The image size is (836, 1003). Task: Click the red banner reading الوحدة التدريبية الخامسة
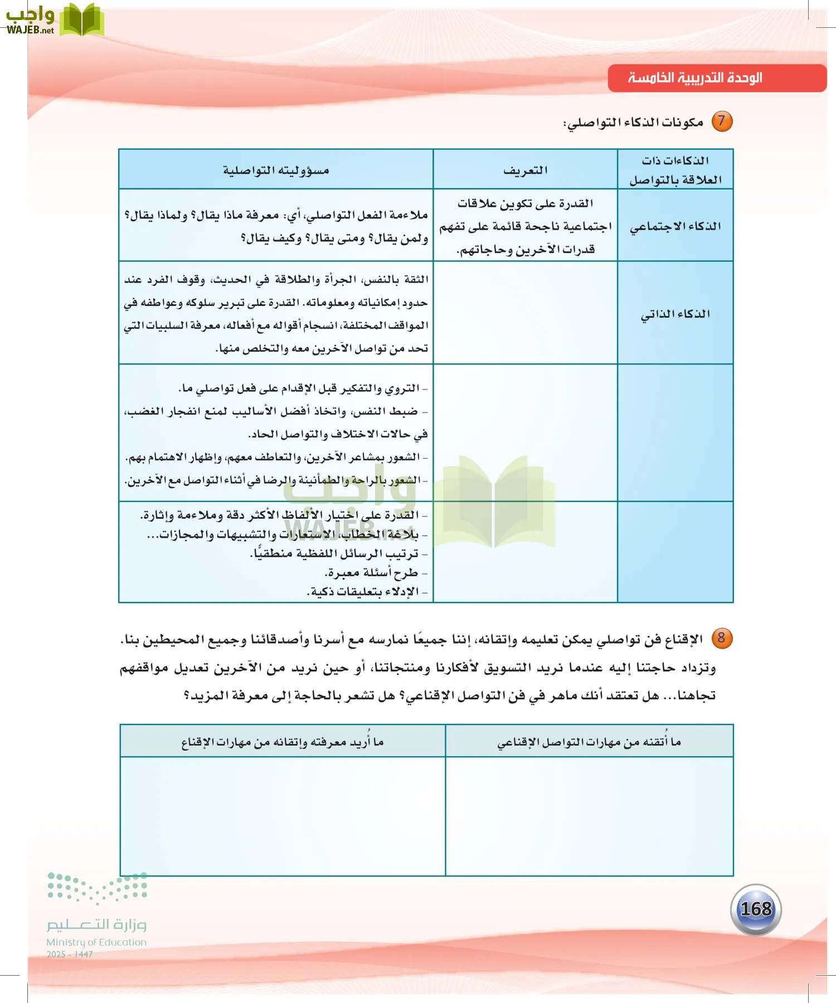(716, 78)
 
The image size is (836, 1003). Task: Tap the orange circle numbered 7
(722, 121)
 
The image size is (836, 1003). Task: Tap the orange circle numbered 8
(722, 638)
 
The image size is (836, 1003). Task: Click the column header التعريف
(525, 170)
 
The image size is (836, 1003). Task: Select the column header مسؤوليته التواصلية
(276, 170)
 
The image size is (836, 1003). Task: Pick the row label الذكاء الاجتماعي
(675, 226)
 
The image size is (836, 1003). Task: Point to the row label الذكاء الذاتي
(675, 314)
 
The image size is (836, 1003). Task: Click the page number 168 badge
(756, 909)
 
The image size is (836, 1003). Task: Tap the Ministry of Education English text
(96, 942)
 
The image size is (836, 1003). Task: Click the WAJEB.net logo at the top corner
(53, 20)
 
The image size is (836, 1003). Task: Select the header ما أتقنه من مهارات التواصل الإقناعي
(589, 742)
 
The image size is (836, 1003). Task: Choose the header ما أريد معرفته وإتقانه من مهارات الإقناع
(282, 742)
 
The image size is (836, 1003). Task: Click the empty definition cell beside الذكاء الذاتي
(525, 313)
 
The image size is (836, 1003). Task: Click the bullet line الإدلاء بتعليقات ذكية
(366, 592)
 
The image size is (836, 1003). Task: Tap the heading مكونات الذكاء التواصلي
(634, 122)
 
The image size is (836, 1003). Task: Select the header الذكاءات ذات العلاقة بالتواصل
(675, 170)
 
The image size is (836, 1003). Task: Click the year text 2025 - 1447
(70, 955)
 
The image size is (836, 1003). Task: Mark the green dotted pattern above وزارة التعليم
(98, 887)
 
